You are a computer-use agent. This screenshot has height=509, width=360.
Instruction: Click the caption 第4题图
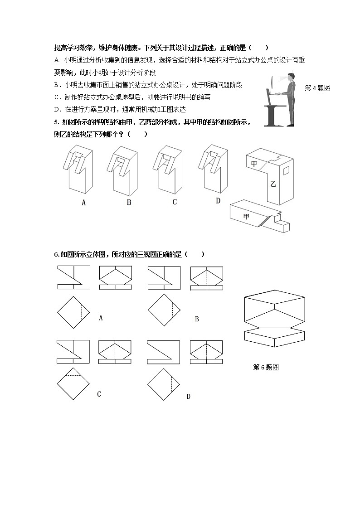[317, 88]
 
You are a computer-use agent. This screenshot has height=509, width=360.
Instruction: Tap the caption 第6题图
[266, 368]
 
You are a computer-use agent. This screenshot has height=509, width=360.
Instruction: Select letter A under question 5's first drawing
[83, 203]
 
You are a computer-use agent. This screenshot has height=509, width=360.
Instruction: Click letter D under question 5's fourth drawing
[218, 201]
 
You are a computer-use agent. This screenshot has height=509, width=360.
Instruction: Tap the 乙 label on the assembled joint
[273, 184]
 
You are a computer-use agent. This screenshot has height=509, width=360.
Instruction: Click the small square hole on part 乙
[287, 170]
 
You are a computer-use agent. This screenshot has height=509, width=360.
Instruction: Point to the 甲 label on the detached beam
[246, 217]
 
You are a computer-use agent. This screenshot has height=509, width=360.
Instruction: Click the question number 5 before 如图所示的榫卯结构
[56, 122]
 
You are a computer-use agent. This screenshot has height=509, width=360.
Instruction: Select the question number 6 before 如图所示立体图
[56, 255]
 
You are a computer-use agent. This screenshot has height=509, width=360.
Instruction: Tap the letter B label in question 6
[197, 319]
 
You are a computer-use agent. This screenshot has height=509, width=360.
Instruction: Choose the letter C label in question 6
[99, 394]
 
